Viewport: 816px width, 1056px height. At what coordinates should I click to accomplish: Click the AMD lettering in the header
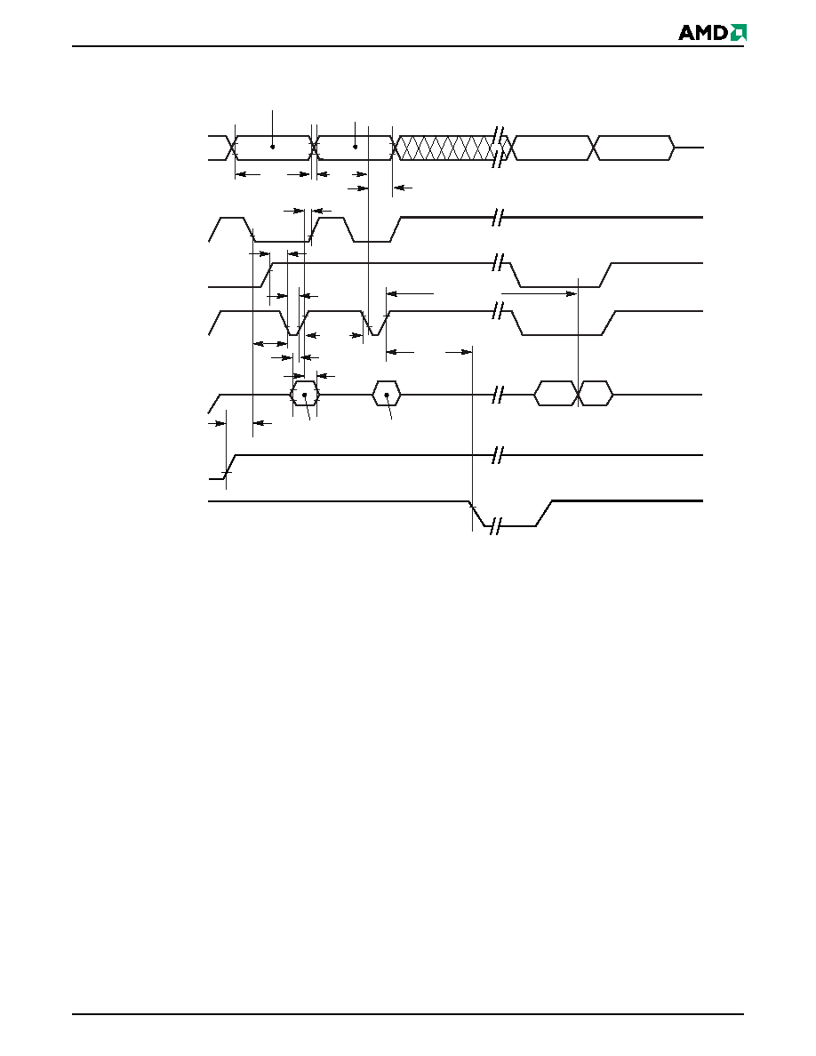pos(702,32)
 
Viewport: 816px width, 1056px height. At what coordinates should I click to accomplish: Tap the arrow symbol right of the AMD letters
pos(739,32)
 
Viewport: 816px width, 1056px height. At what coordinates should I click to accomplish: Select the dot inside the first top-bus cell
pos(273,147)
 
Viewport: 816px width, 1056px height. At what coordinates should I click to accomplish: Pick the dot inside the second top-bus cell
pos(355,147)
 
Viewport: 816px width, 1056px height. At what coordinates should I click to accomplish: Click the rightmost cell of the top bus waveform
pos(634,148)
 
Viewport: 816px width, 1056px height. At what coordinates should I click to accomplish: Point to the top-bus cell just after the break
pos(551,148)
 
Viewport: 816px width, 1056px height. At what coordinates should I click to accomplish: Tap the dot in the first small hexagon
pos(304,395)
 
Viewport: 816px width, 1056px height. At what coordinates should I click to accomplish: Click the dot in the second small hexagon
pos(387,395)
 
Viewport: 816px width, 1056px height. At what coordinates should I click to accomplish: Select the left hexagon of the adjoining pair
pos(556,394)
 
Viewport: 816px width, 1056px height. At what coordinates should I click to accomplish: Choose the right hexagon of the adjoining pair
pos(596,394)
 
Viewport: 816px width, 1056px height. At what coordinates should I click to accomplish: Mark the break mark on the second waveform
pos(498,218)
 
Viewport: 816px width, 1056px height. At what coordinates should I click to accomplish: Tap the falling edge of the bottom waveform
pos(478,513)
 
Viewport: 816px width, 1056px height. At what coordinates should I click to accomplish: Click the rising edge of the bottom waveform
pos(545,513)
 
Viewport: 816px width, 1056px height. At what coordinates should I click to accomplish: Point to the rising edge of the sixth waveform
pos(229,467)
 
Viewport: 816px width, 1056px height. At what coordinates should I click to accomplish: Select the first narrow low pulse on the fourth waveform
pos(293,324)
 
